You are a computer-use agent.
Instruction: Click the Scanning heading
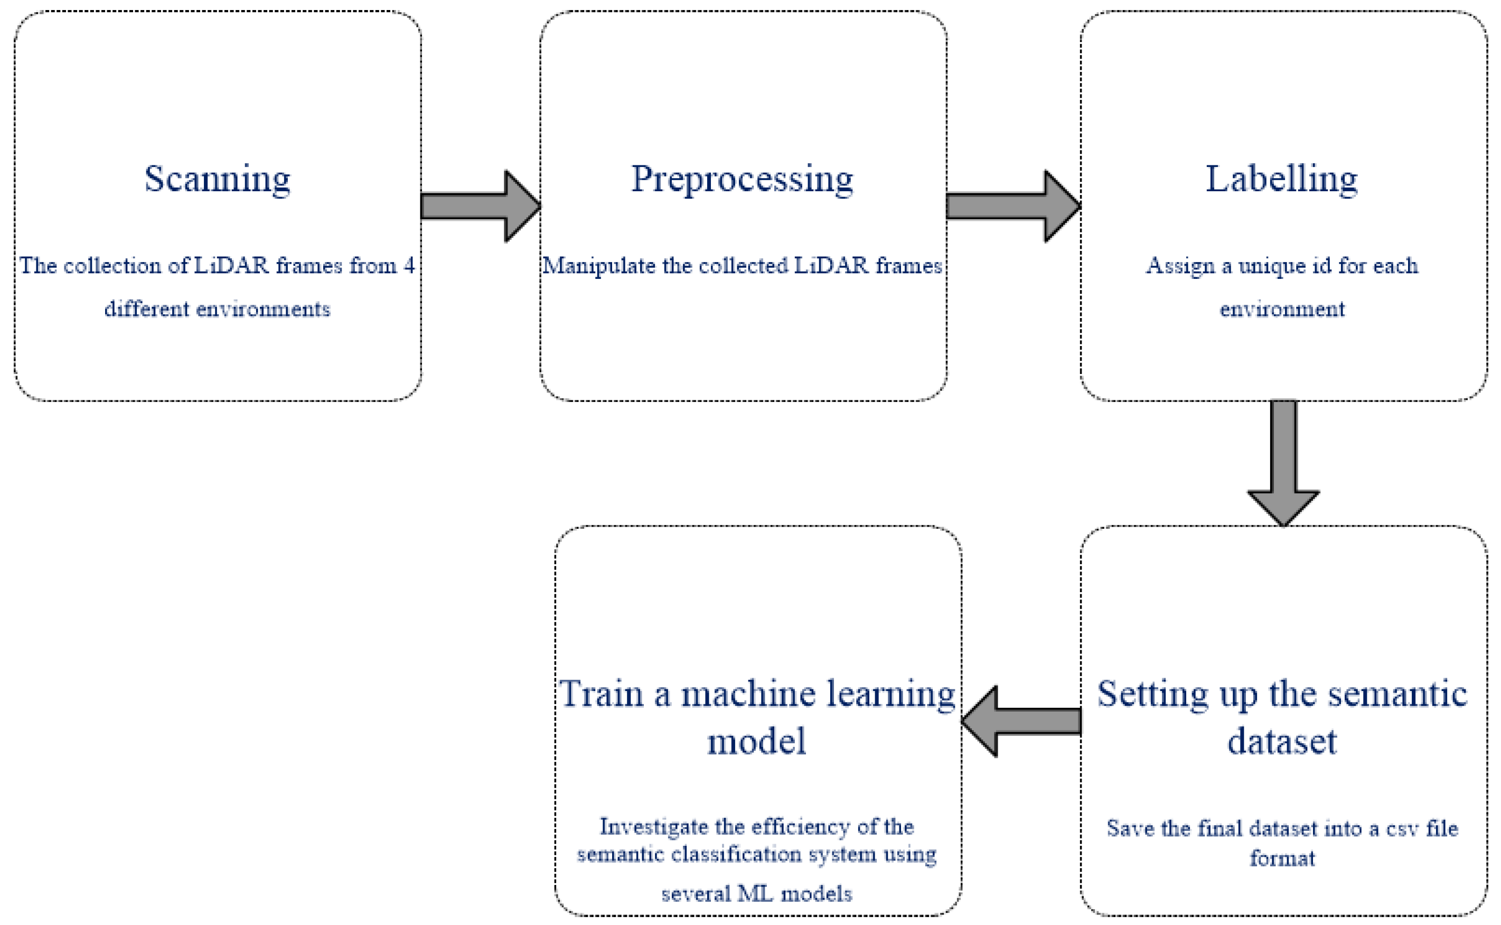[x=217, y=179]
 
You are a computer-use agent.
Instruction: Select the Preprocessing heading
[x=742, y=179]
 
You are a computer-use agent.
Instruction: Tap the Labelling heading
[x=1282, y=179]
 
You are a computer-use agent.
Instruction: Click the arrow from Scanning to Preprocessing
[x=481, y=206]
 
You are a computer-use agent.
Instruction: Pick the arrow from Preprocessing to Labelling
[x=1013, y=206]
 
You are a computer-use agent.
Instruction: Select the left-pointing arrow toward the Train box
[x=1021, y=721]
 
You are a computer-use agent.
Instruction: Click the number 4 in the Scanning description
[x=409, y=266]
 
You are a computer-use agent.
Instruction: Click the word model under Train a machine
[x=757, y=742]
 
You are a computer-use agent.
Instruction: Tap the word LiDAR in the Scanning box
[x=231, y=266]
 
